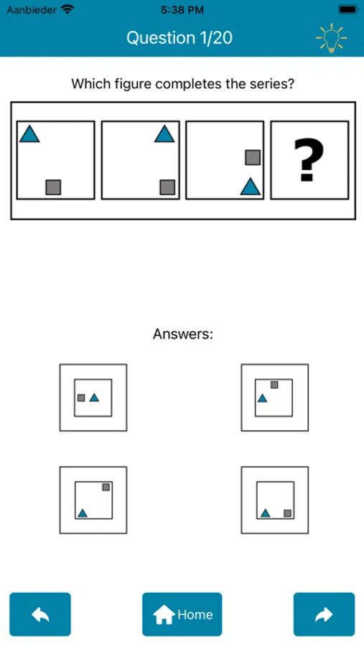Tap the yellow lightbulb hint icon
point(331,39)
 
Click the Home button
point(182,614)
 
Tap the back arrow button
point(40,614)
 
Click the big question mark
point(309,160)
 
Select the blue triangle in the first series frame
point(29,135)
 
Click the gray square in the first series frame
point(53,187)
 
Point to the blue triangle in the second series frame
point(164,135)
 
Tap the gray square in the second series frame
point(167,187)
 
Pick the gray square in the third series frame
point(253,158)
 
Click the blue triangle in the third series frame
point(251,187)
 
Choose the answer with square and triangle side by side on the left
point(93,397)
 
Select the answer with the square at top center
point(274,397)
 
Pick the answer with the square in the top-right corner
point(93,500)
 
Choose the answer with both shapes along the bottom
point(274,500)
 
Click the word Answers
point(183,333)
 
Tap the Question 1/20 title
point(179,38)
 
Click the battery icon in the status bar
point(349,9)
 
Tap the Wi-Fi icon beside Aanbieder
point(67,9)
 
